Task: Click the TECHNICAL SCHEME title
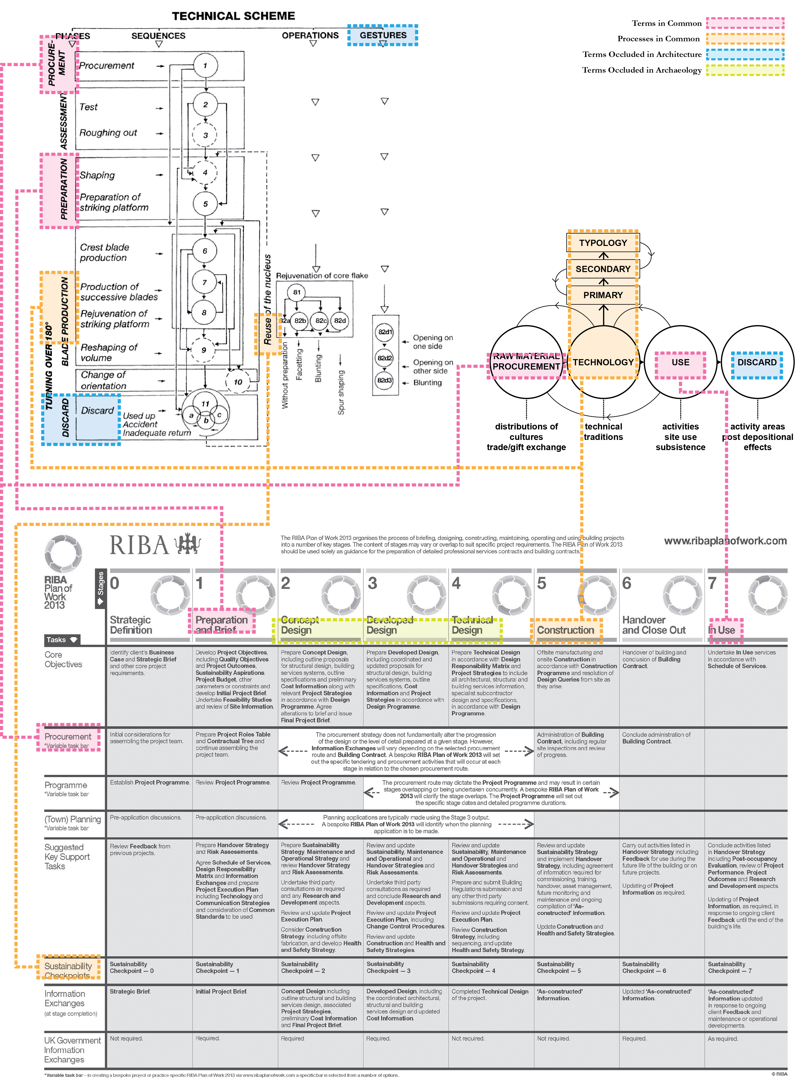coord(233,16)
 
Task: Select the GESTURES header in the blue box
coord(383,35)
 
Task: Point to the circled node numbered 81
coord(297,292)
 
